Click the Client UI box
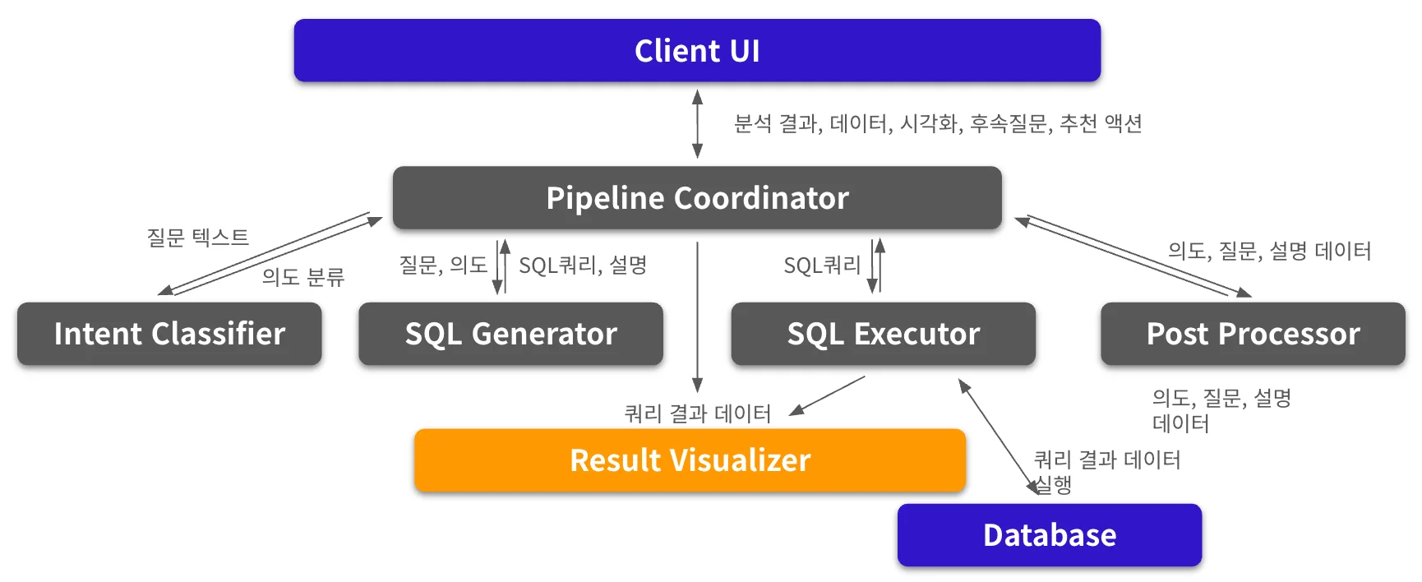pos(697,51)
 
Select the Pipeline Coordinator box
pos(697,198)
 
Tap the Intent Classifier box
pos(169,334)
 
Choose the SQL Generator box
pos(510,334)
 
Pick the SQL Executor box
pos(883,334)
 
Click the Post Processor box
pos(1253,334)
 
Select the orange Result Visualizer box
pos(690,460)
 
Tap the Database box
pos(1049,535)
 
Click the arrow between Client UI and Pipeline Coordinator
pos(697,123)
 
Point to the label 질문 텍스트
pos(197,238)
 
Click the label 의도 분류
pos(302,277)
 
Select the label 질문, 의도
pos(443,265)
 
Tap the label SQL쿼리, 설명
pos(583,265)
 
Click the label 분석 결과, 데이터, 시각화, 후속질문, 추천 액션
pos(938,123)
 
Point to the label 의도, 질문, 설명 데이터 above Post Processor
pos(1269,251)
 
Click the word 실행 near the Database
pos(1054,485)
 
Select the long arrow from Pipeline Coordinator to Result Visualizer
pos(697,316)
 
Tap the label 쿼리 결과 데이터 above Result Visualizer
pos(697,413)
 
